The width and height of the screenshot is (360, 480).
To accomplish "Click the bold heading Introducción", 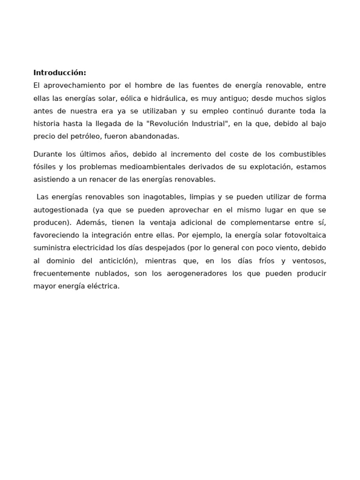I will (x=60, y=73).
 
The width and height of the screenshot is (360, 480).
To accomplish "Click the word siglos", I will (x=314, y=98).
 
